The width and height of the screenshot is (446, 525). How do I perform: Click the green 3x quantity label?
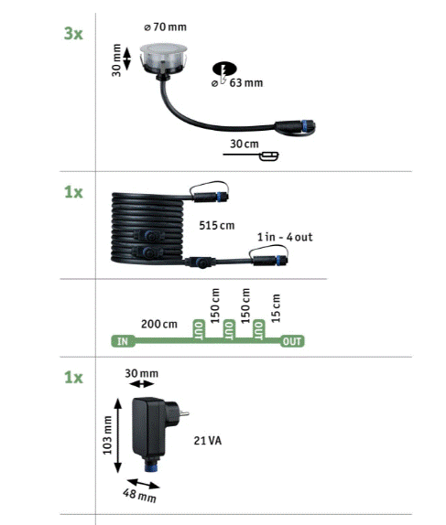tap(73, 34)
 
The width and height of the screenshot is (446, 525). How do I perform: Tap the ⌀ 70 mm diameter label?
tap(166, 27)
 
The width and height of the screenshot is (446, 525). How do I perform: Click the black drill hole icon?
tap(224, 70)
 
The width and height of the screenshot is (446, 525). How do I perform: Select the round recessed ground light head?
tap(163, 59)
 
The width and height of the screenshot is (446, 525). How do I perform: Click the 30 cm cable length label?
tap(245, 144)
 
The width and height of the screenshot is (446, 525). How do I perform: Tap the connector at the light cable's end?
tap(295, 127)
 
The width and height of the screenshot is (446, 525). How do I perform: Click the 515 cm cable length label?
tap(217, 225)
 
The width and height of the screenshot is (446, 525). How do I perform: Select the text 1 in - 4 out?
tap(285, 237)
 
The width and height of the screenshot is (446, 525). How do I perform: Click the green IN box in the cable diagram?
tap(123, 341)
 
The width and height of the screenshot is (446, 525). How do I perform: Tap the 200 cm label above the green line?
tap(159, 324)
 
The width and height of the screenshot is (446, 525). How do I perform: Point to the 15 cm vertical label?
tap(276, 308)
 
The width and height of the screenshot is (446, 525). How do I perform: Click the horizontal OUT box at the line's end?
tap(292, 341)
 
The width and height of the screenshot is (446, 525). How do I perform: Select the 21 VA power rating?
tap(208, 441)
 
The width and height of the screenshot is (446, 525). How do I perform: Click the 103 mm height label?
tap(107, 435)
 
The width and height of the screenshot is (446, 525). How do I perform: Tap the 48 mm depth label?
tap(139, 496)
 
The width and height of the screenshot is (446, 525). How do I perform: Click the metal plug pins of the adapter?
tap(184, 413)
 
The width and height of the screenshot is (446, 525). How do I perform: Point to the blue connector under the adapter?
tap(152, 464)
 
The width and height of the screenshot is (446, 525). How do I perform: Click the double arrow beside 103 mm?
tap(117, 435)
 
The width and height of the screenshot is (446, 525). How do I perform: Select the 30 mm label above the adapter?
tap(142, 373)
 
